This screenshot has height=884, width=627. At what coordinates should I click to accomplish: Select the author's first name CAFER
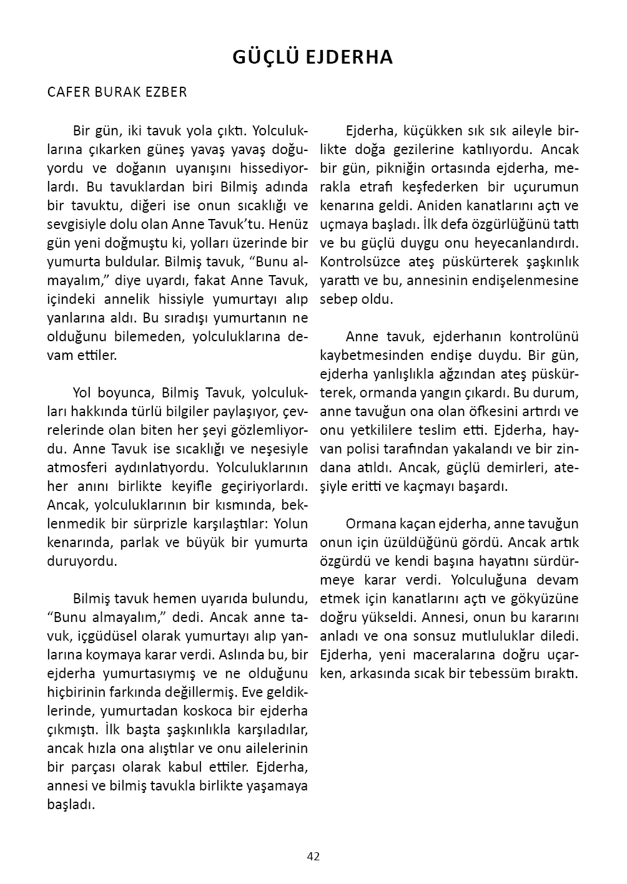68,92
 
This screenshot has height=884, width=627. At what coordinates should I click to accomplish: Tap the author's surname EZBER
167,92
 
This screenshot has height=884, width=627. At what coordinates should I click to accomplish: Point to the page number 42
313,857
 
